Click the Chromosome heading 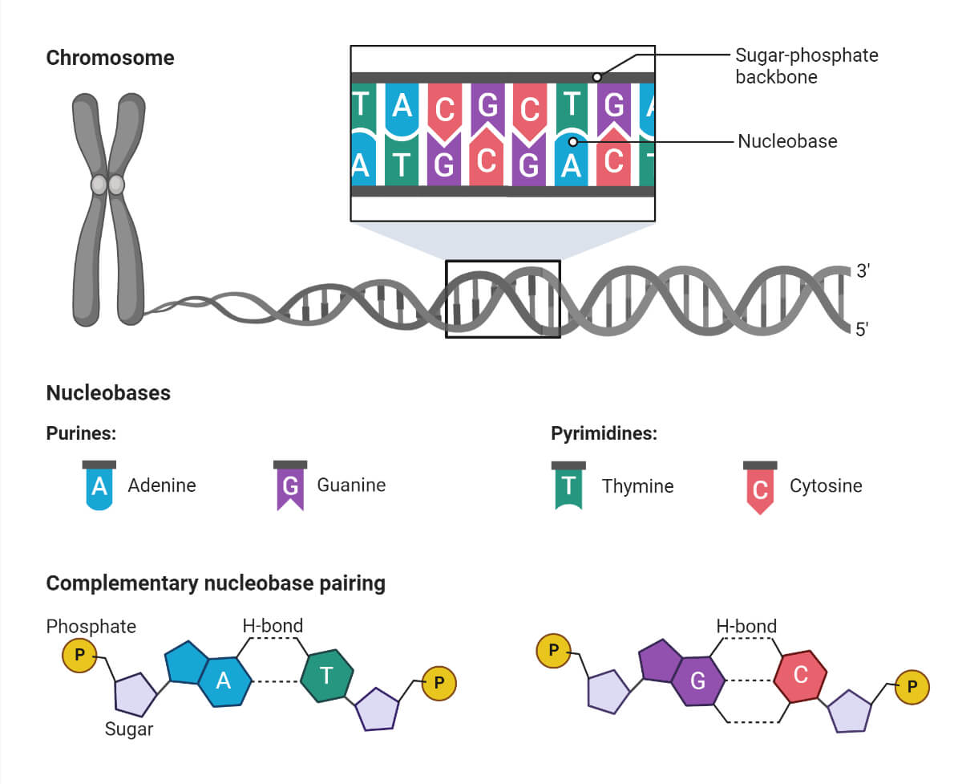pos(110,58)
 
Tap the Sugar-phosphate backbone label pos(806,66)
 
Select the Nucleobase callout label pos(787,141)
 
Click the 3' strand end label pos(863,271)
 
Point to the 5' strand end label pos(863,329)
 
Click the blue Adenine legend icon pos(99,486)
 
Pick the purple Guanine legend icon pos(290,486)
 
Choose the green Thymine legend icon pos(568,486)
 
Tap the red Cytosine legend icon pos(760,487)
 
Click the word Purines pos(82,434)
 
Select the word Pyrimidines pos(604,434)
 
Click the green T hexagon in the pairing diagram pos(327,676)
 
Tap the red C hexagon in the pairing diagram pos(800,676)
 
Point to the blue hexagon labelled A pos(224,681)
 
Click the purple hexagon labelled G pos(697,681)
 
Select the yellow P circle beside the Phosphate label pos(79,656)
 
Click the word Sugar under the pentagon pos(129,729)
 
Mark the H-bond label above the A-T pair pos(273,626)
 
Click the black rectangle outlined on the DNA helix pos(503,299)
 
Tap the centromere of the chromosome pos(107,185)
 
